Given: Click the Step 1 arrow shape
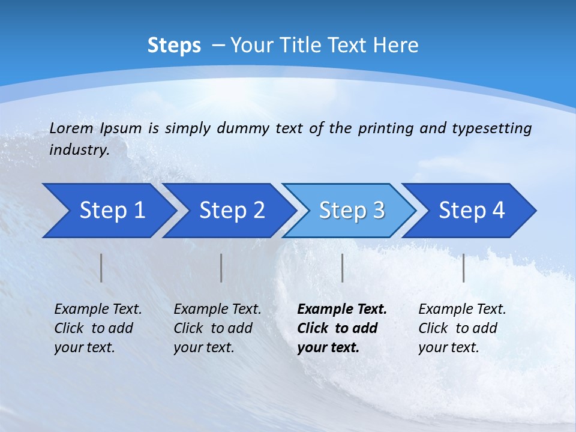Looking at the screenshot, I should point(108,211).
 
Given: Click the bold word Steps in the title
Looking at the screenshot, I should point(174,46).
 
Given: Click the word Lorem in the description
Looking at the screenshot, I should point(71,128).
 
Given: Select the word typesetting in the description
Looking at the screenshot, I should point(491,128).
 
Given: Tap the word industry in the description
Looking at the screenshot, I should point(79,150).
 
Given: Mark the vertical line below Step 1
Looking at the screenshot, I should point(101,268).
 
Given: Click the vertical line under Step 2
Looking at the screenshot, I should point(221,268).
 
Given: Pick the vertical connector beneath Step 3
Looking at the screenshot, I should point(343,268).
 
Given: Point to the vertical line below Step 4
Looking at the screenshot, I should point(464,268).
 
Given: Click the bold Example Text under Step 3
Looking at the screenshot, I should point(342,309).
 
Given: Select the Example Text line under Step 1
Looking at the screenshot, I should point(98,309).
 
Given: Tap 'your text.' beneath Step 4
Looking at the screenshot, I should point(448,347).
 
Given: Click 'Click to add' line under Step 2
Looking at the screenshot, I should point(213,328).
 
